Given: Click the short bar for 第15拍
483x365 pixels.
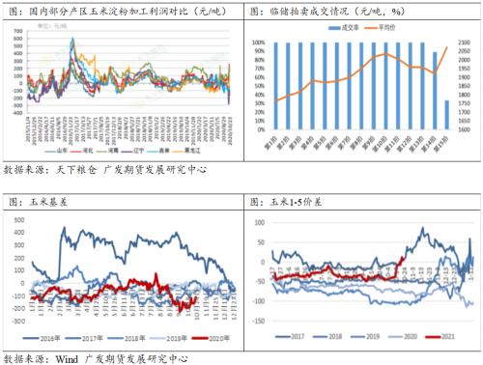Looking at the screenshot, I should click(446, 115).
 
